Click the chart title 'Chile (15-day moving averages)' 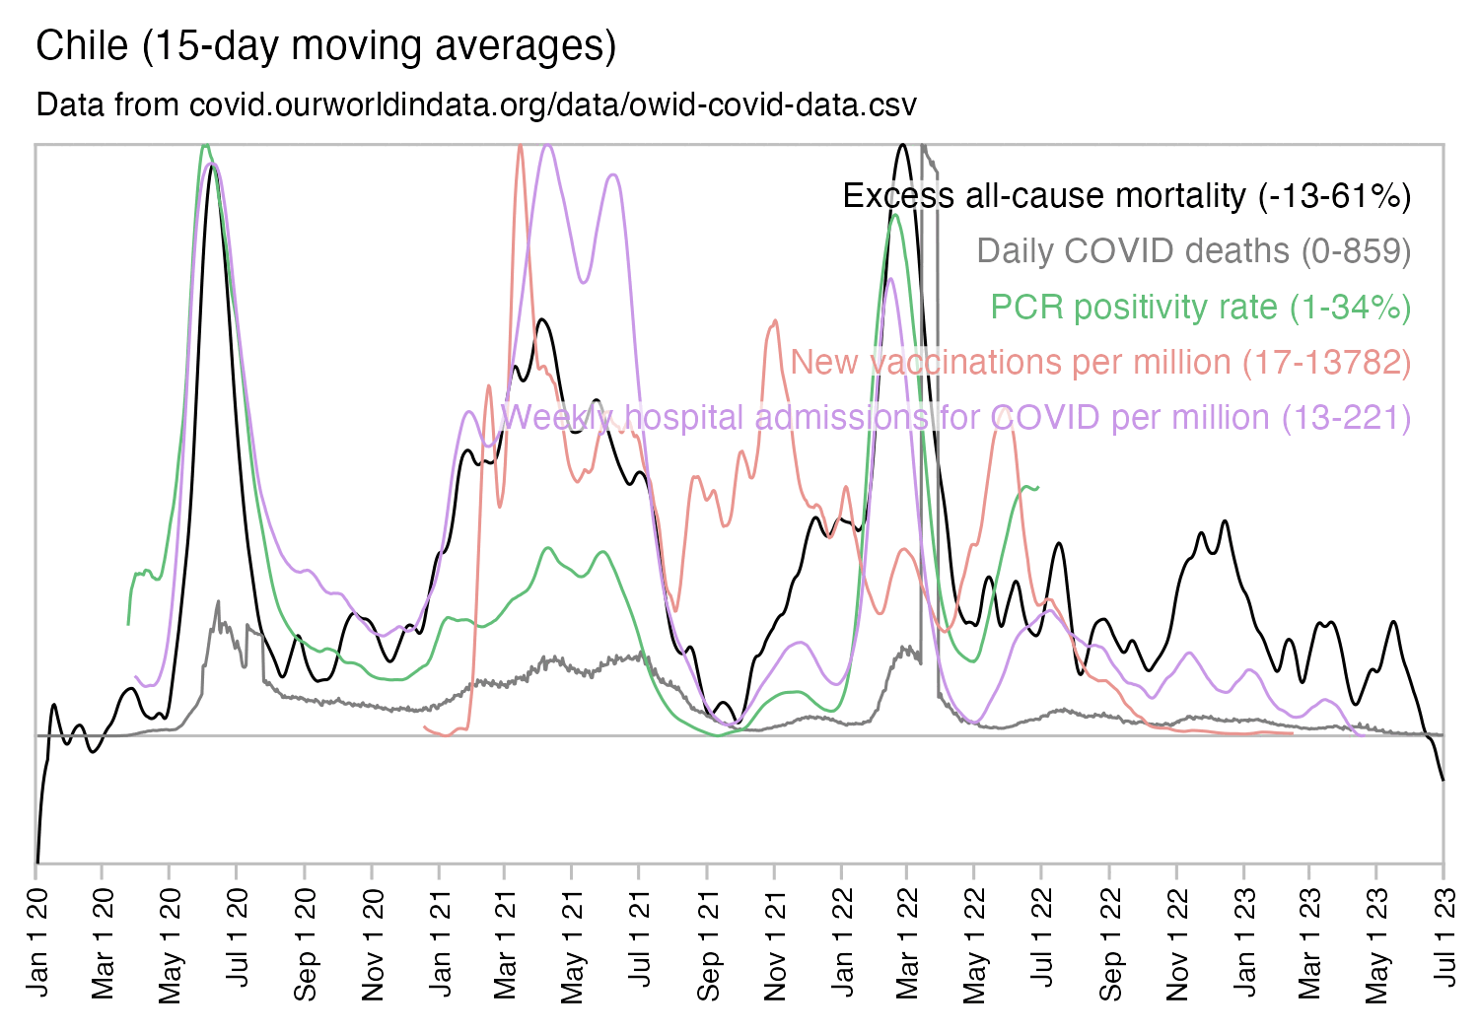[x=325, y=46]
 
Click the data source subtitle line [x=476, y=104]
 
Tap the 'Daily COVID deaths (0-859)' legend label [x=1193, y=251]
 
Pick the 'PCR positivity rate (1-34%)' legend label [x=1200, y=308]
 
